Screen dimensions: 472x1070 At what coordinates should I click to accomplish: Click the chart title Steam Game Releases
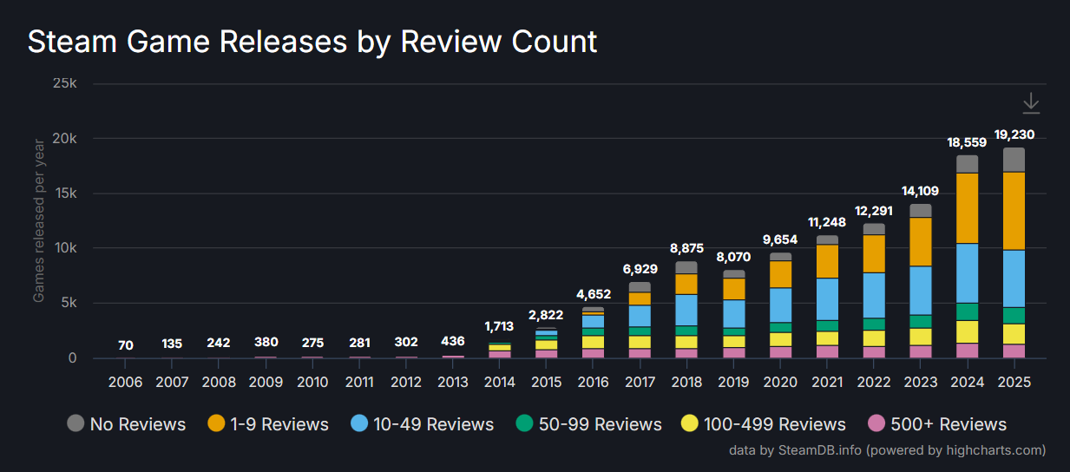312,41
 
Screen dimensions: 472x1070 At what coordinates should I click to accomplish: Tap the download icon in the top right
1030,104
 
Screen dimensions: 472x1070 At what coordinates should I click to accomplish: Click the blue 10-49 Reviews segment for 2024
967,273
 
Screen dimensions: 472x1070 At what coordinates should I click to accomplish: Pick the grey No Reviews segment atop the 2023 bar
920,211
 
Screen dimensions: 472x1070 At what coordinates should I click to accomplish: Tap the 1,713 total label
500,327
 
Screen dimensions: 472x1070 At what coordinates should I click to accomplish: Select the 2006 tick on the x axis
126,382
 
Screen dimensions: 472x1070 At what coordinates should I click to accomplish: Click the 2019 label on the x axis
733,382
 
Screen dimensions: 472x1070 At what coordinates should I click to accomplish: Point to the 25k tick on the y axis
66,84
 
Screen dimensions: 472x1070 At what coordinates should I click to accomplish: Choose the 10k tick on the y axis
66,248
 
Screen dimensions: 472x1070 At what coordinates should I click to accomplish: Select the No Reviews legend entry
127,424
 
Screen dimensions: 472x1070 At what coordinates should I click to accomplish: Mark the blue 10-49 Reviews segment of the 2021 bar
827,298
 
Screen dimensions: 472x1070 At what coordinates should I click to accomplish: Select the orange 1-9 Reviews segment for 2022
874,253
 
